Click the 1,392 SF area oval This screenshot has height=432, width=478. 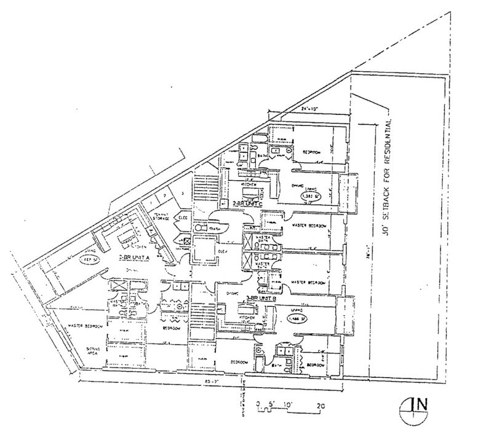point(311,196)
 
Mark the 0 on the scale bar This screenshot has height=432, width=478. point(260,405)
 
